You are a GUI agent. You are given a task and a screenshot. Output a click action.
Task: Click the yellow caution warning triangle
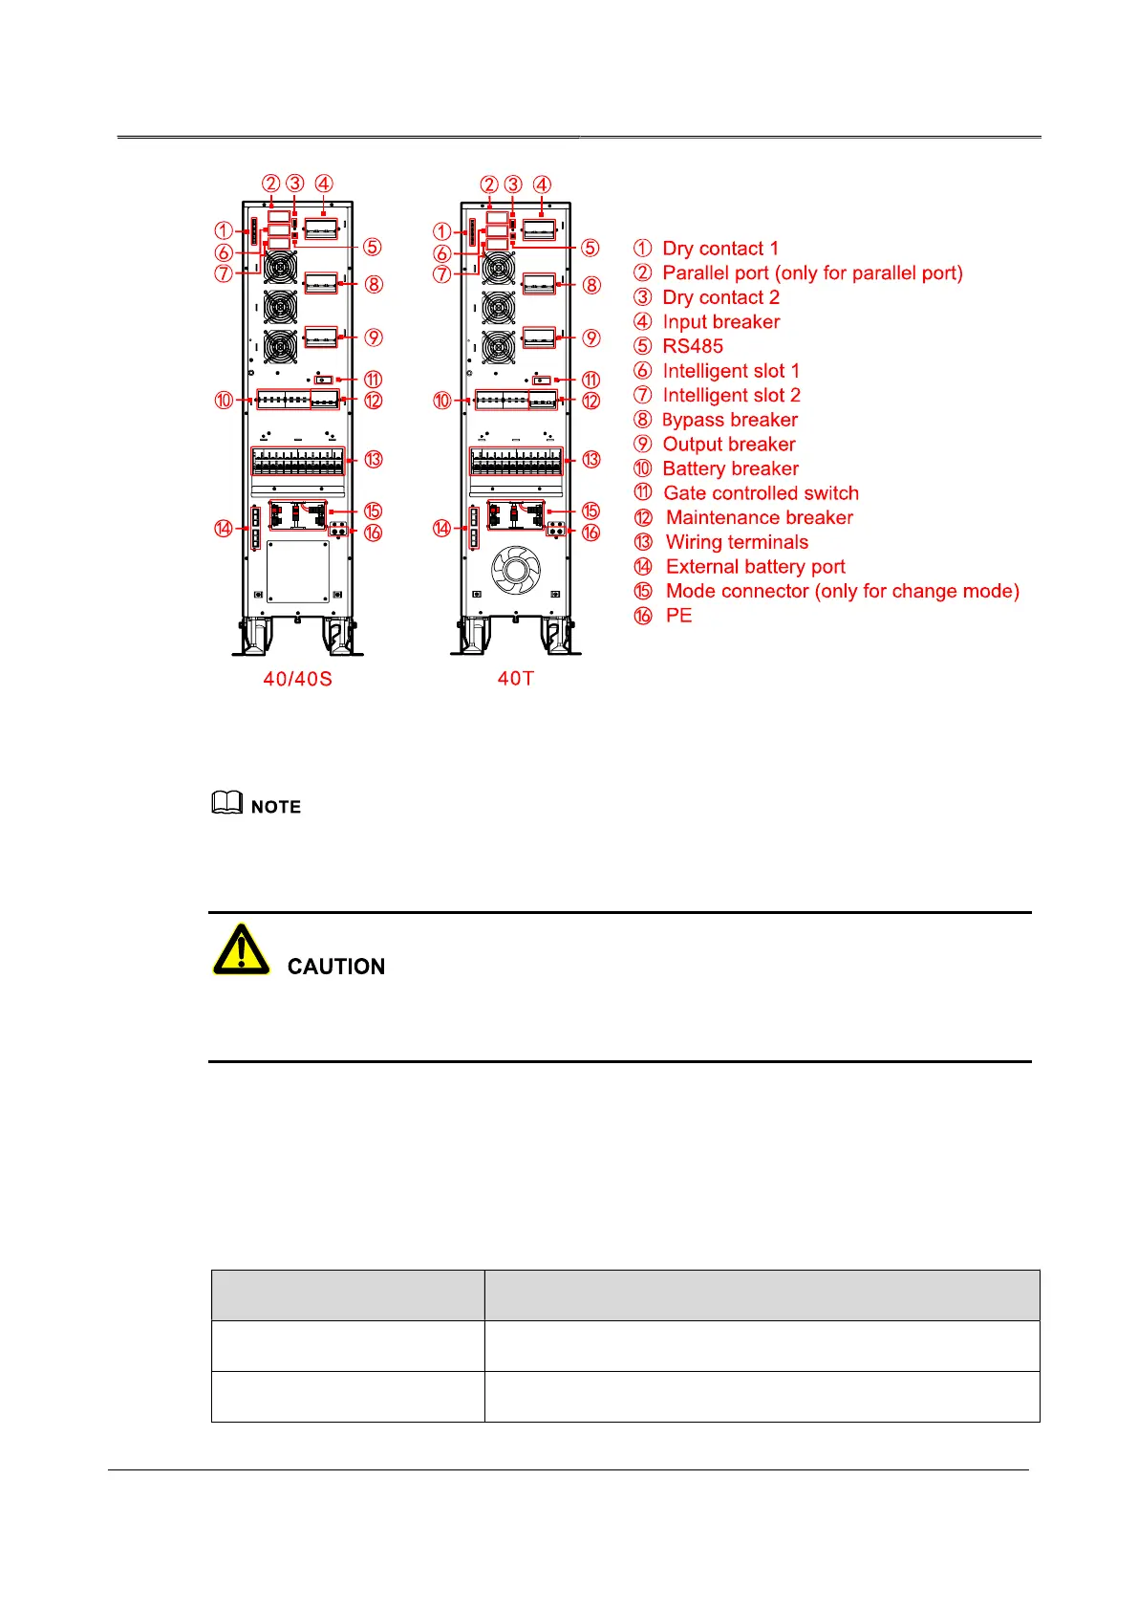coord(241,950)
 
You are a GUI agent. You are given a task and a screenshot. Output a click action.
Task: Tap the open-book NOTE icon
coord(226,803)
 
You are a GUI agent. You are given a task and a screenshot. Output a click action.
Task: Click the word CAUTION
coord(336,967)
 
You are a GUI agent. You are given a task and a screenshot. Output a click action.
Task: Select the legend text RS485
coord(693,346)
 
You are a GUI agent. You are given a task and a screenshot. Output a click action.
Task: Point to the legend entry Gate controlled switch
coord(761,493)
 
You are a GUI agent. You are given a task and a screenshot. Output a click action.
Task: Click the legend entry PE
coord(678,616)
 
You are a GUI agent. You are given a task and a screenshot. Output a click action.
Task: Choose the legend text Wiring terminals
coord(737,542)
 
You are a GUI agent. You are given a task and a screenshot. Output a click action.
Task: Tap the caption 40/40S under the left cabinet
coord(298,679)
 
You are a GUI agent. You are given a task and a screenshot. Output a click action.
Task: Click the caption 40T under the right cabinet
coord(516,678)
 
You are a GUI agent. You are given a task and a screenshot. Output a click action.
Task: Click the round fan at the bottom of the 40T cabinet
coord(516,571)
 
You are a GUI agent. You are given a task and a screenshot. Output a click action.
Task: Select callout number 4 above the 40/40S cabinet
coord(324,184)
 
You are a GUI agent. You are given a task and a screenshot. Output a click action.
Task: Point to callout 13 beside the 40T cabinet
coord(591,460)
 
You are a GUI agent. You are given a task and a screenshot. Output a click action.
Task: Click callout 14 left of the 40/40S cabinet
coord(224,529)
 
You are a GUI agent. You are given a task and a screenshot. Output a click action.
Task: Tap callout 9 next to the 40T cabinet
coord(591,338)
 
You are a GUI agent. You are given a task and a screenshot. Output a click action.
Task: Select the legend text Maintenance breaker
coord(760,517)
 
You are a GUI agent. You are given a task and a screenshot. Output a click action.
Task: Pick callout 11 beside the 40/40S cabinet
coord(373,381)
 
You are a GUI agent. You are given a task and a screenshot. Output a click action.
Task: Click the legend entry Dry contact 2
coord(720,297)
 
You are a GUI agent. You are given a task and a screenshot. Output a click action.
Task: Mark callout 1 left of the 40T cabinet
coord(441,231)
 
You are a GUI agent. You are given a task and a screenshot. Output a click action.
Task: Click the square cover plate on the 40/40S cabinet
coord(298,572)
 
